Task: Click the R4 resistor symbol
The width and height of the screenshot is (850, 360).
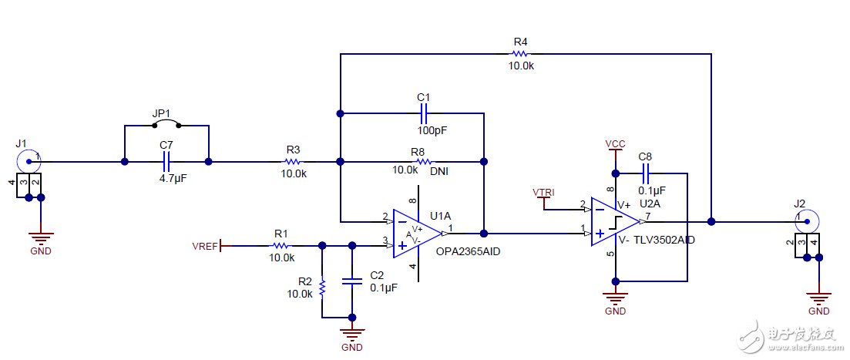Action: [520, 54]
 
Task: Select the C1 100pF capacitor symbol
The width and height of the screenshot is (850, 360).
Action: [423, 113]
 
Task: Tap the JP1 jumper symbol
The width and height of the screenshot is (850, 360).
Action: [166, 125]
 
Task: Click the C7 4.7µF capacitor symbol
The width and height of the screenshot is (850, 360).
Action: [166, 162]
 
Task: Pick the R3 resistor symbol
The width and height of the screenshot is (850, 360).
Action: [293, 162]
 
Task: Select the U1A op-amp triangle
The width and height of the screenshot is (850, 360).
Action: [417, 232]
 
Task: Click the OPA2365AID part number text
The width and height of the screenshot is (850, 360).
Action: [469, 251]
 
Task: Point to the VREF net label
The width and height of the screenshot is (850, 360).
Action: [206, 247]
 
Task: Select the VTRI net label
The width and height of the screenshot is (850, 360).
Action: [543, 191]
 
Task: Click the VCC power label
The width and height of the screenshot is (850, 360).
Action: [615, 144]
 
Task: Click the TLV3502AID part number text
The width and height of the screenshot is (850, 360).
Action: [666, 240]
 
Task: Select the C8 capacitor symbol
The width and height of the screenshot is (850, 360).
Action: [646, 172]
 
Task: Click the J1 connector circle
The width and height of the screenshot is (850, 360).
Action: [29, 162]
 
